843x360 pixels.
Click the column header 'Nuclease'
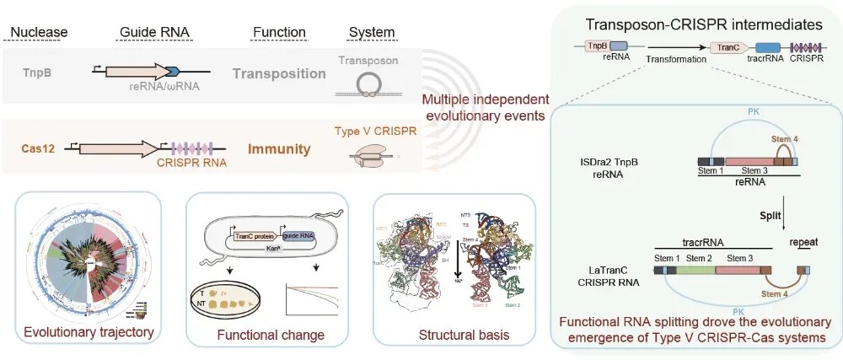click(37, 33)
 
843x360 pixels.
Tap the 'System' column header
click(372, 33)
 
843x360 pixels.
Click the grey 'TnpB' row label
click(36, 73)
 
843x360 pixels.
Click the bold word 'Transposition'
click(279, 73)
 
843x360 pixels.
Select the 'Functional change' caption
click(271, 335)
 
